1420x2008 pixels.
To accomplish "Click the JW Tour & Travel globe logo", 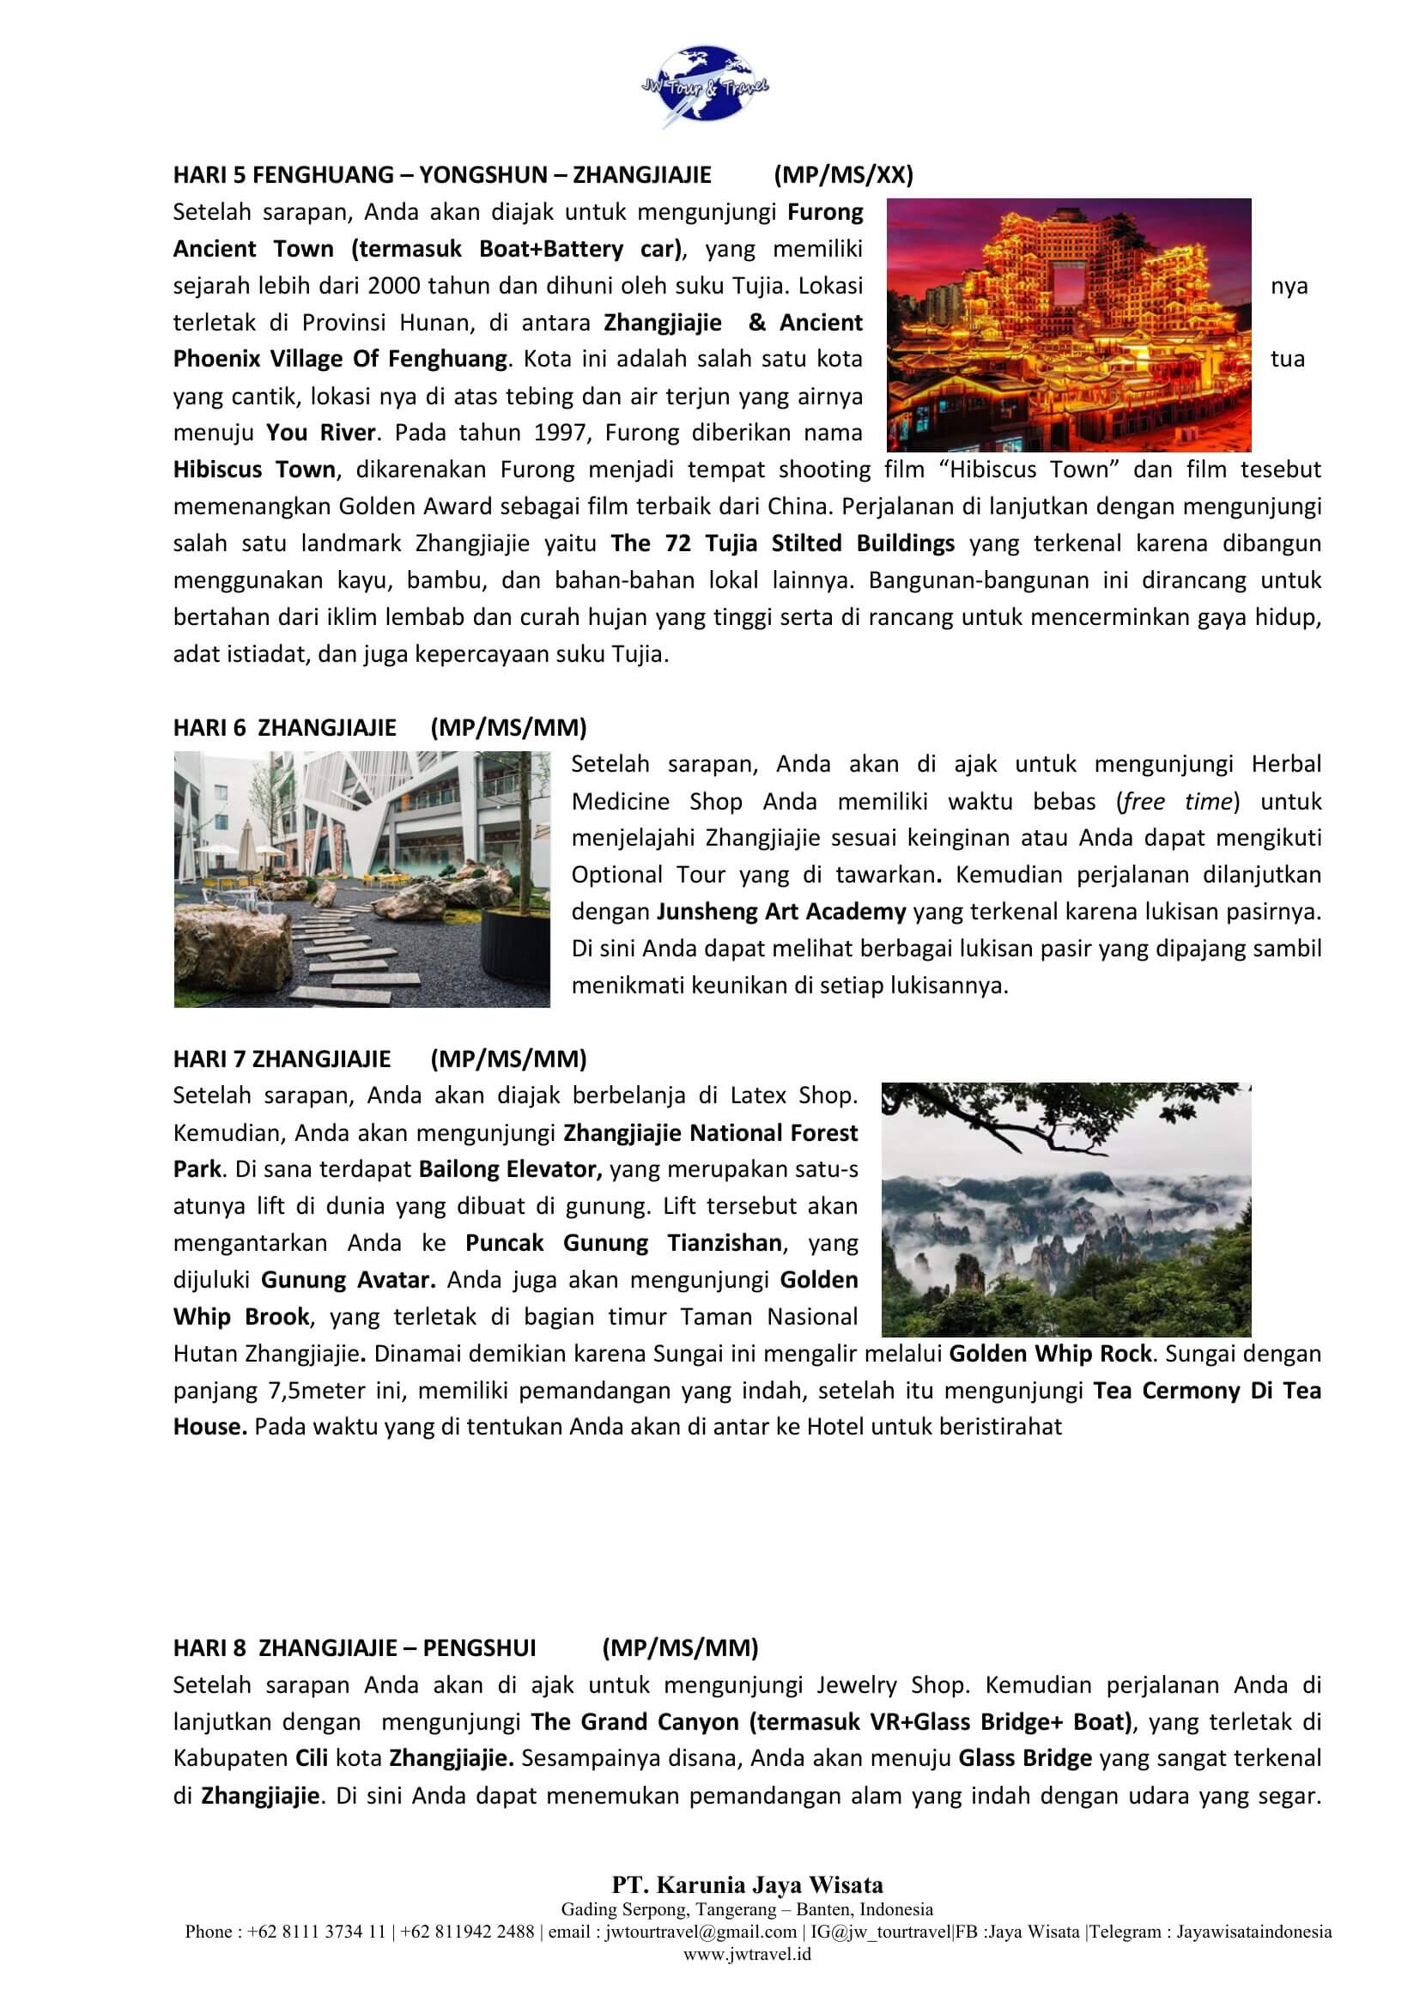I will [x=705, y=87].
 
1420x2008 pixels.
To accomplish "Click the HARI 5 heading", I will [x=441, y=175].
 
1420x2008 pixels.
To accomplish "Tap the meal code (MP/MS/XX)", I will [x=843, y=175].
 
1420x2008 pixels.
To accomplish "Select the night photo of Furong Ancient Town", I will [x=1069, y=325].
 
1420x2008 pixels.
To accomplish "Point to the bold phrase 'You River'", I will [x=321, y=433].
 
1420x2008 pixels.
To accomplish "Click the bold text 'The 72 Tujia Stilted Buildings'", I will [x=783, y=543].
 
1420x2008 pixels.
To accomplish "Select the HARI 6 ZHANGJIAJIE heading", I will [x=285, y=728].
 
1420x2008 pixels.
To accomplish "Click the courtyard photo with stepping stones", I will [x=362, y=879].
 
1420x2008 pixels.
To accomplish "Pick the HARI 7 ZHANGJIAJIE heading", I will [x=282, y=1059].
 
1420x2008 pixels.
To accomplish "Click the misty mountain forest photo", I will [x=1066, y=1209].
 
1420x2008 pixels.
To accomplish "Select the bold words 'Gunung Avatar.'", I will [x=348, y=1279].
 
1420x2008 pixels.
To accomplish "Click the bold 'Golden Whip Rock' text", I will [x=1050, y=1353].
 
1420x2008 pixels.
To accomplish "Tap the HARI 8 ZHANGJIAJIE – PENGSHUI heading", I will [x=354, y=1647].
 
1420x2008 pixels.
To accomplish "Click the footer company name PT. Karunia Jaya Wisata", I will [x=747, y=1884].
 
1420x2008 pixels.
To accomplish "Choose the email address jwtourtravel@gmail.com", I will [x=701, y=1931].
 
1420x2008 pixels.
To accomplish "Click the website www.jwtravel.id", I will [x=747, y=1953].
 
